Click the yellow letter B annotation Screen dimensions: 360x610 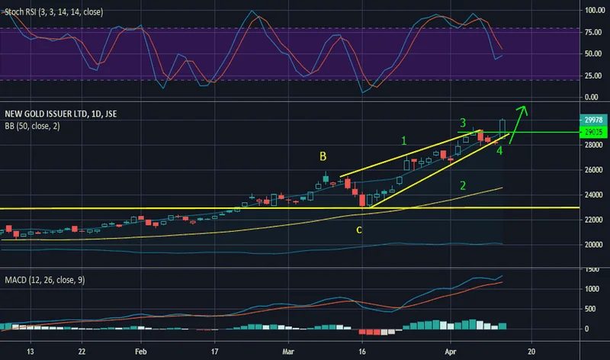tap(323, 156)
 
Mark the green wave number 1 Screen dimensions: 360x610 tap(405, 140)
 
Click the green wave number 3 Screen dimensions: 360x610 tap(462, 123)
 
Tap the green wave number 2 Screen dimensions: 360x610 tap(463, 186)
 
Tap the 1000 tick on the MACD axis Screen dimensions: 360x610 tap(591, 289)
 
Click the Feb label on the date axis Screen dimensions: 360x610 tap(140, 353)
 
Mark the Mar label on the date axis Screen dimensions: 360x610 tap(287, 353)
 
